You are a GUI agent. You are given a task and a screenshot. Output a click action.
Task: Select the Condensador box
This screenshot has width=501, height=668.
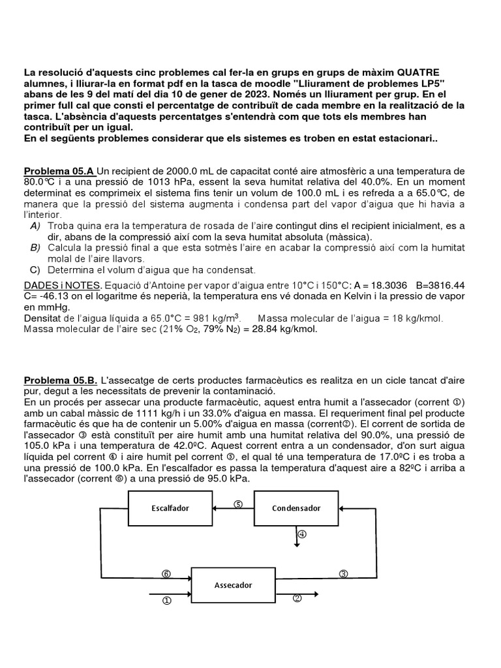click(296, 508)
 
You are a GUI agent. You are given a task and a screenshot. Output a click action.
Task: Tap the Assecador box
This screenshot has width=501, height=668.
click(233, 585)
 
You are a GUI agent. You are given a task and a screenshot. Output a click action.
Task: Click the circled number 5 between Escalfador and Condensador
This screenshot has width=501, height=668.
click(238, 504)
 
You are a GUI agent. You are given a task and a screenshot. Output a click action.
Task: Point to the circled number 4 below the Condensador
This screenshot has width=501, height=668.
click(301, 534)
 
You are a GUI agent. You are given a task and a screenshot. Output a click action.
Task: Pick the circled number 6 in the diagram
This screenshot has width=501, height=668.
click(166, 574)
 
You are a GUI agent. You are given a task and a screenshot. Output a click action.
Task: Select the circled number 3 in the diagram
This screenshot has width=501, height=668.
click(343, 574)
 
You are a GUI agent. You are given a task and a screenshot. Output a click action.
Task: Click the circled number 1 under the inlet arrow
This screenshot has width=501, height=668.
click(166, 601)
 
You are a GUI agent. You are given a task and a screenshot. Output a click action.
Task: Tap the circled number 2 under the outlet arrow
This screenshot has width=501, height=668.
click(297, 599)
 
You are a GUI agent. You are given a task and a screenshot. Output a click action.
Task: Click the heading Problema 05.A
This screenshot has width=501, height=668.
click(59, 171)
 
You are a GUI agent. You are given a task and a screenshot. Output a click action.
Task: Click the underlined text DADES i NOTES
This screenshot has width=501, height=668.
click(62, 286)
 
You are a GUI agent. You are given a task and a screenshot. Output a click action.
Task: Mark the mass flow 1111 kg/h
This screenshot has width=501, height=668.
click(155, 413)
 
